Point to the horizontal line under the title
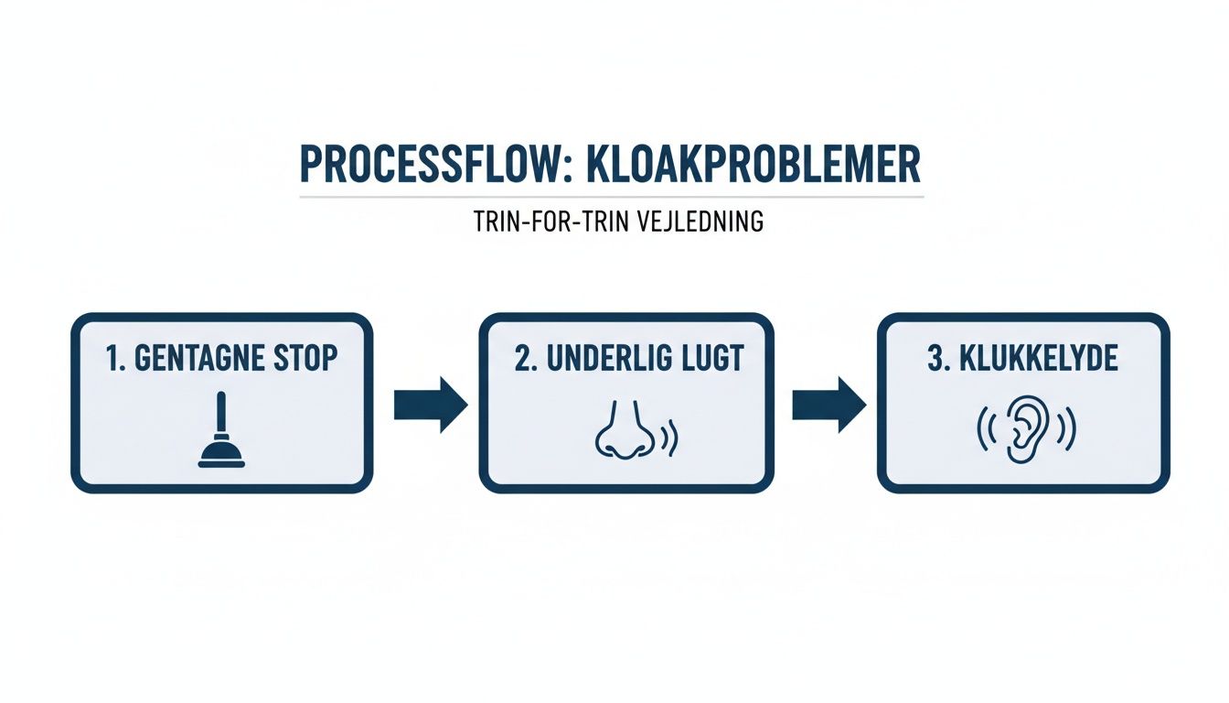pos(611,196)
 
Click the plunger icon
pos(221,429)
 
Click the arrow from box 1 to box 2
pos(429,404)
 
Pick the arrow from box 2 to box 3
pos(827,404)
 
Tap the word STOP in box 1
pos(304,359)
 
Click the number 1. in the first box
pos(115,359)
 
